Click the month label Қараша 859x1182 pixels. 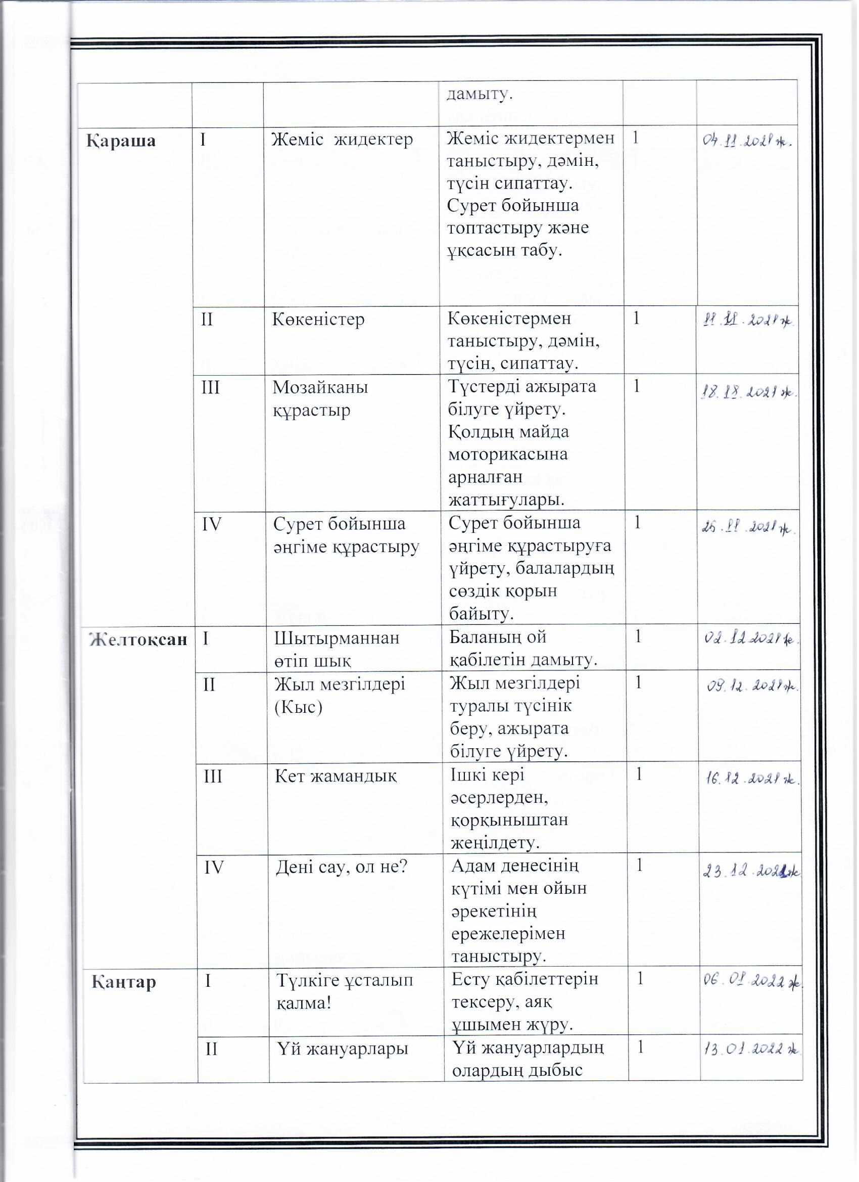(x=121, y=141)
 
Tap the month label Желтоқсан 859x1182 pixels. (x=138, y=640)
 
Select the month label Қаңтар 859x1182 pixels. (x=124, y=982)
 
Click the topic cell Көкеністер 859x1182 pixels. (x=318, y=319)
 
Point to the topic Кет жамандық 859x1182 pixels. (x=336, y=777)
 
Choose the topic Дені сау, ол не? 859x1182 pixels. (x=342, y=867)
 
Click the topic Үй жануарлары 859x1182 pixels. (x=342, y=1049)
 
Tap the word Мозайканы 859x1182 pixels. (x=320, y=387)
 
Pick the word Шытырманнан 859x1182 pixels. (x=337, y=639)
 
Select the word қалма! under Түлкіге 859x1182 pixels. (x=304, y=1003)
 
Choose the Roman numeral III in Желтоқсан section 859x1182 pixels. (x=213, y=777)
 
